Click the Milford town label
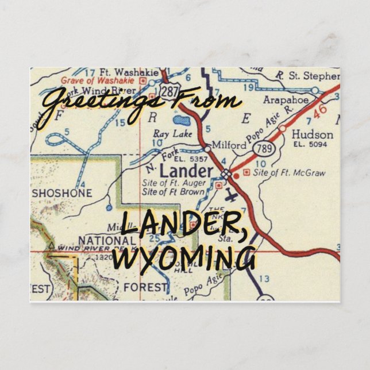point(229,145)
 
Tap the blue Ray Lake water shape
point(182,122)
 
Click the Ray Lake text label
point(168,134)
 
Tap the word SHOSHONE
point(61,193)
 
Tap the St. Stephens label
point(314,75)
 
